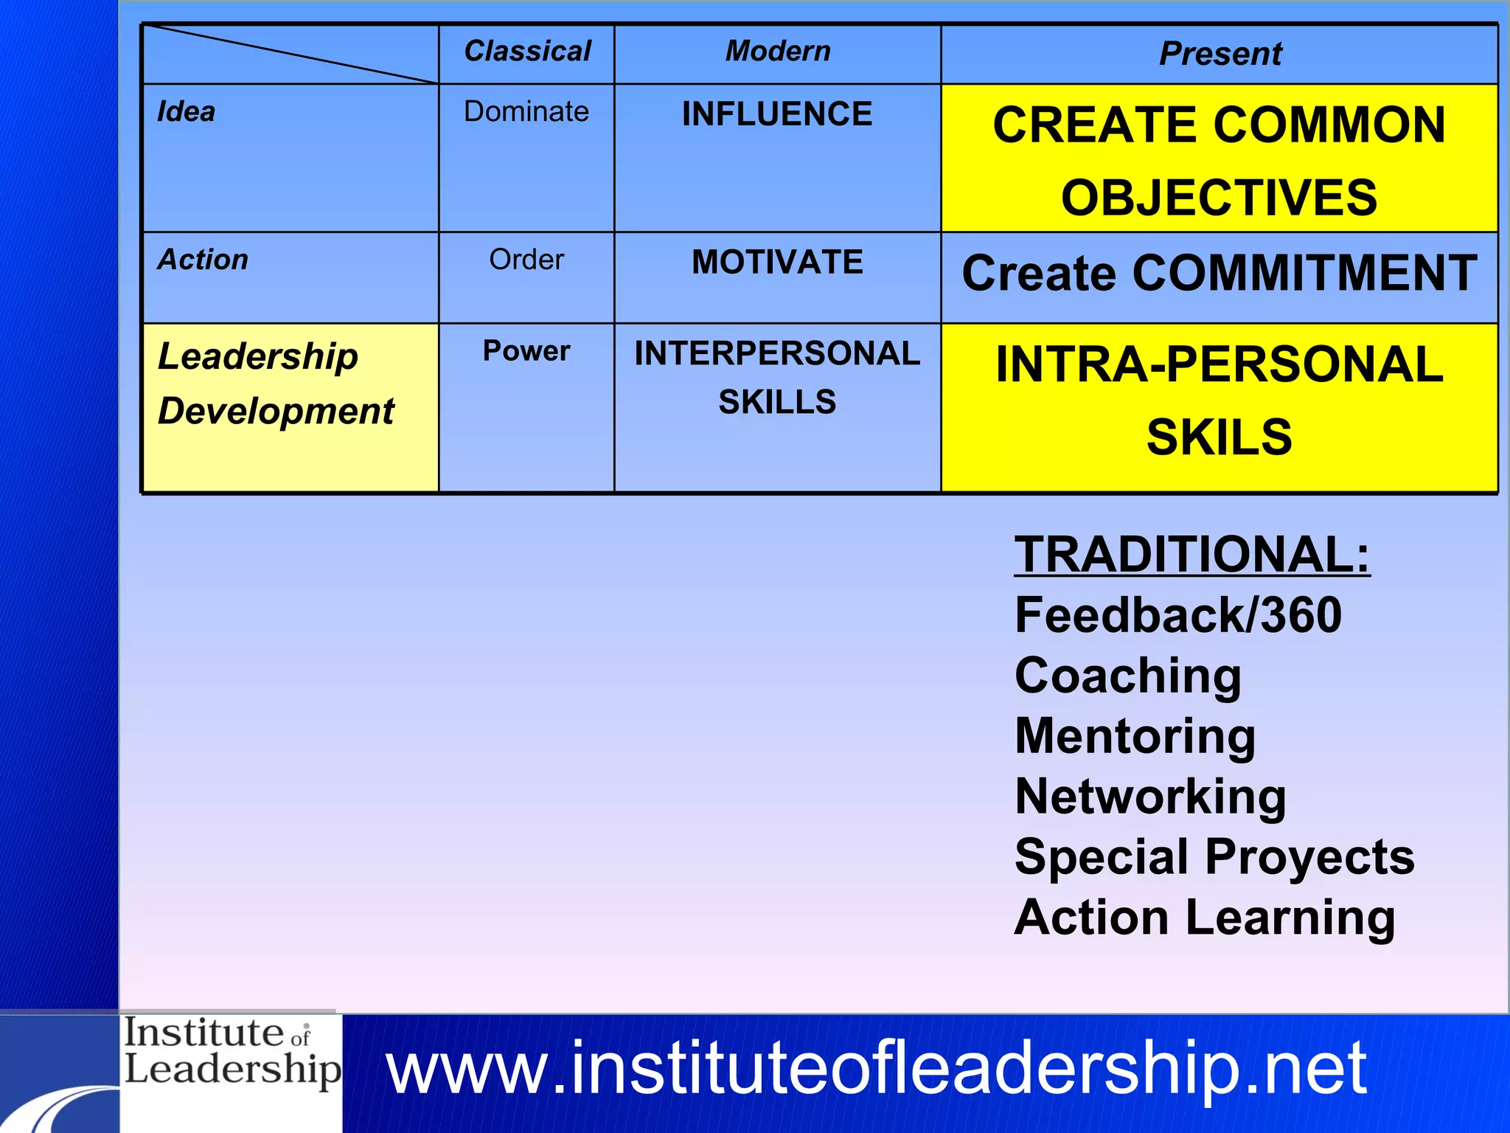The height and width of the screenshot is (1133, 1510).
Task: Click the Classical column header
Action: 527,52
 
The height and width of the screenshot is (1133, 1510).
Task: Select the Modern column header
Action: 778,52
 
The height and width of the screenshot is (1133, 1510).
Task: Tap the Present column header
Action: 1220,54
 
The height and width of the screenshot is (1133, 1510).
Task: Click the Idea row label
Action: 187,112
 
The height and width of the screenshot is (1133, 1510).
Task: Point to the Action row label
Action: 203,260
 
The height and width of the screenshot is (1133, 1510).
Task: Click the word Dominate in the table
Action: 526,112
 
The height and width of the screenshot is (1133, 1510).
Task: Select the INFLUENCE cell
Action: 777,114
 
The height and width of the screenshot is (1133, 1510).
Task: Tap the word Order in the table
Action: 526,260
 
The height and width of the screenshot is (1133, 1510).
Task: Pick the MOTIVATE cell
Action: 777,262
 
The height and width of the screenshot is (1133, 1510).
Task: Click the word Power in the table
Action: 526,351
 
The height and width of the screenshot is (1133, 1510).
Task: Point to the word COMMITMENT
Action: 1305,274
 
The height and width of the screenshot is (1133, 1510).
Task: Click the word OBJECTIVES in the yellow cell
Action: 1220,198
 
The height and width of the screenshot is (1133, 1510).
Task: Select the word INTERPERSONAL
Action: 777,353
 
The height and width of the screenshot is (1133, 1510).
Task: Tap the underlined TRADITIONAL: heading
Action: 1192,555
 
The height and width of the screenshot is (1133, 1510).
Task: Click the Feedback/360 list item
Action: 1178,615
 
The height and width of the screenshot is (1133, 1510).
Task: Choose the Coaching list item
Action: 1128,676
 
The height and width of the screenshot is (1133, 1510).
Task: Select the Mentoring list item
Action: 1135,736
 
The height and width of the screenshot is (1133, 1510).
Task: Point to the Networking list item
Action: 1150,797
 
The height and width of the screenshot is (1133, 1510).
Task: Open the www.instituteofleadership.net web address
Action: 876,1068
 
